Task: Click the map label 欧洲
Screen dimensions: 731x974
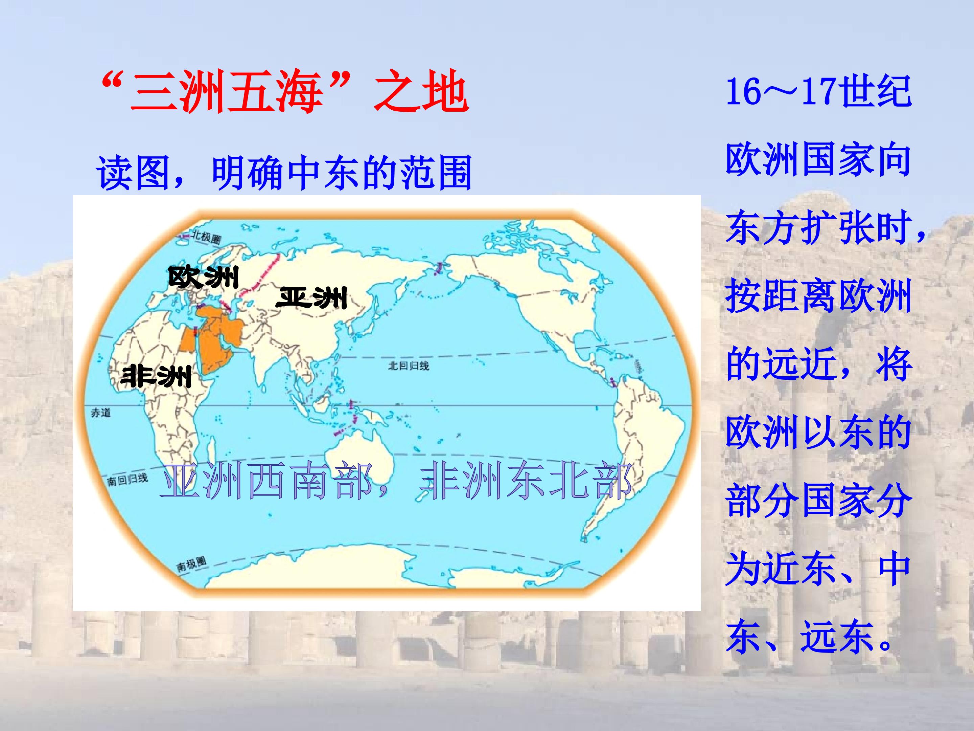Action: click(x=204, y=277)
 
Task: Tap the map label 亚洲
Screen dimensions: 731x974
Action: click(x=311, y=298)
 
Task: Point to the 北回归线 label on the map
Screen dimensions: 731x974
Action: click(x=408, y=365)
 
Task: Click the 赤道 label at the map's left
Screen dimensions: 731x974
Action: click(x=101, y=413)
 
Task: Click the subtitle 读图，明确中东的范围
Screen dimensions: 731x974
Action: click(x=284, y=172)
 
